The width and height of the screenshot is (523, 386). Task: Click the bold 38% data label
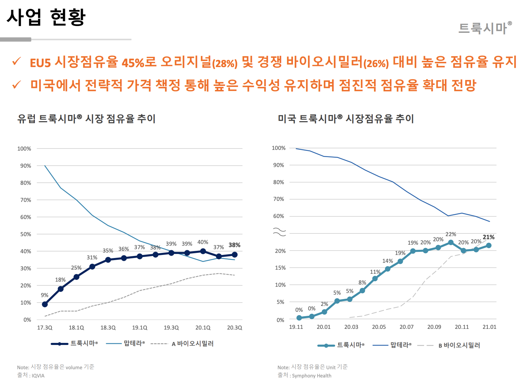pos(234,245)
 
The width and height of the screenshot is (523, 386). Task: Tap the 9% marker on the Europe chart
pos(45,304)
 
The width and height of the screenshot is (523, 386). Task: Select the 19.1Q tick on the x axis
pos(140,328)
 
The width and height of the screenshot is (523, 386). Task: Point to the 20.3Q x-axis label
pos(234,328)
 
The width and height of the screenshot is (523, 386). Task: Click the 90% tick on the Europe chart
pos(26,166)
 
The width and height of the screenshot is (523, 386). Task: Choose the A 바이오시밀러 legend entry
pos(192,344)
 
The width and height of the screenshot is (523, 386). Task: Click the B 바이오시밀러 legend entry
pos(459,345)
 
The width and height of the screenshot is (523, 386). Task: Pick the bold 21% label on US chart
pos(488,237)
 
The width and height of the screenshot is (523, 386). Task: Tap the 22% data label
pos(451,234)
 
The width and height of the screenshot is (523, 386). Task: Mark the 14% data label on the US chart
pos(387,261)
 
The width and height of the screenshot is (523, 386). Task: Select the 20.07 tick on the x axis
pos(407,327)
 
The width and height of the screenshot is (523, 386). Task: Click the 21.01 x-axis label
pos(489,327)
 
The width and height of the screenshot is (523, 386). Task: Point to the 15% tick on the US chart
pos(280,268)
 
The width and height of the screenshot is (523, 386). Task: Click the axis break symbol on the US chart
pos(279,232)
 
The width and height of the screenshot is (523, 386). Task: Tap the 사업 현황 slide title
pos(46,17)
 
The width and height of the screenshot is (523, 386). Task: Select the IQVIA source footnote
pos(31,375)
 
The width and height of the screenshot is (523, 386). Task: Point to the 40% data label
pos(203,242)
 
